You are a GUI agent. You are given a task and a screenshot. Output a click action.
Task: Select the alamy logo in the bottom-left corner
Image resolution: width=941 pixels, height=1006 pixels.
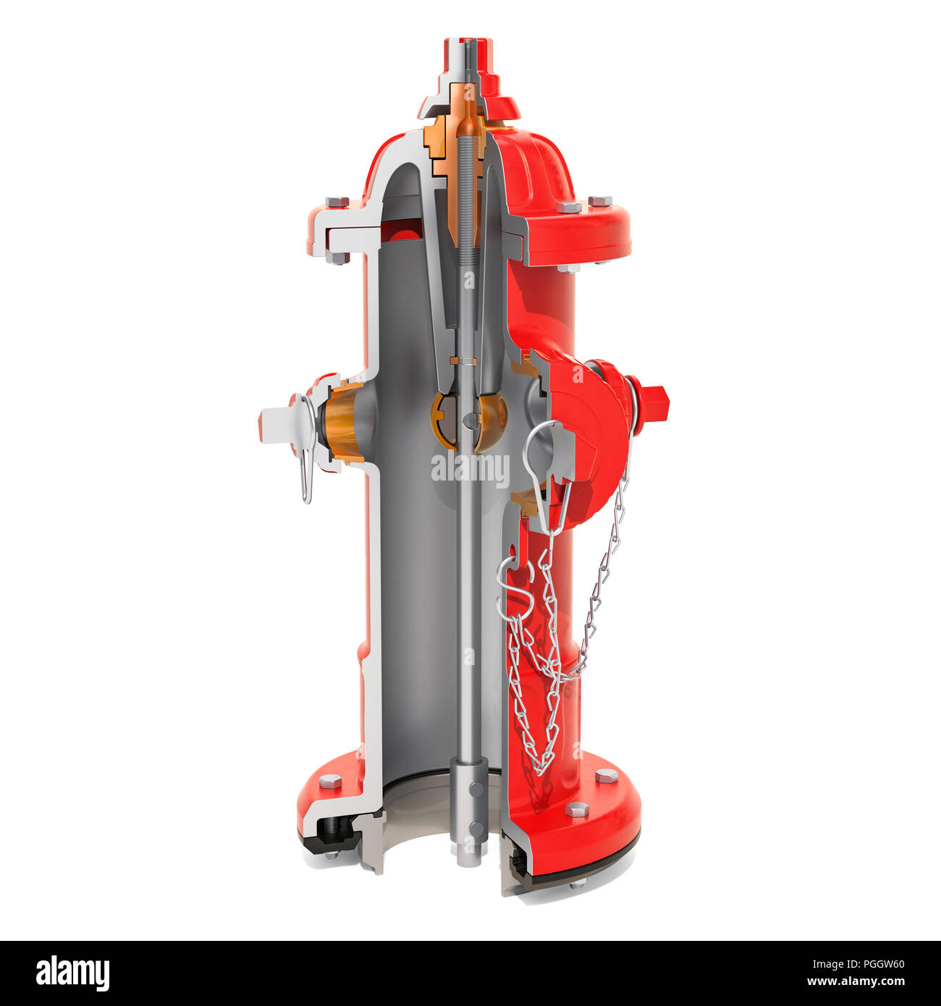pyautogui.click(x=72, y=973)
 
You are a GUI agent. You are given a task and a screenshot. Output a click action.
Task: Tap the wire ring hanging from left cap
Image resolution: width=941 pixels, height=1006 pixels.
pyautogui.click(x=306, y=474)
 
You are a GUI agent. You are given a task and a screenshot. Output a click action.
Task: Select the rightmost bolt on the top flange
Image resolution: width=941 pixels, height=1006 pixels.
pyautogui.click(x=599, y=201)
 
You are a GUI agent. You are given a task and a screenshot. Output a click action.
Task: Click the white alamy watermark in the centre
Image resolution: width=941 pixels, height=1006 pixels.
pyautogui.click(x=470, y=469)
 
